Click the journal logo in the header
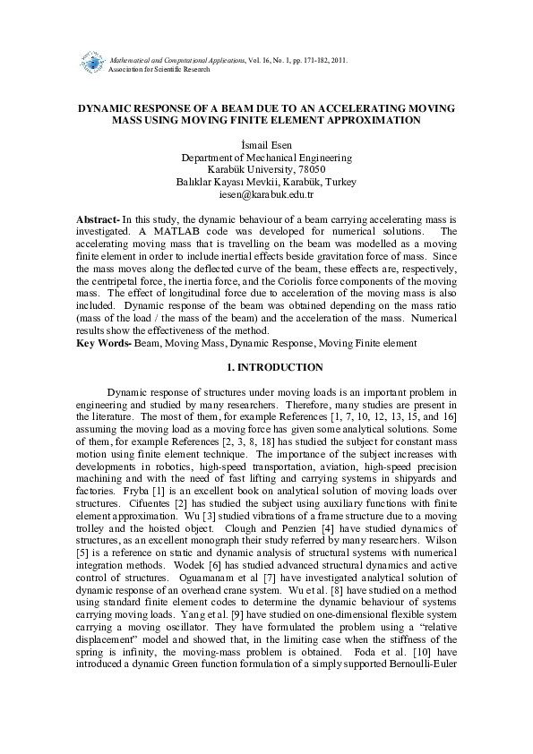90,64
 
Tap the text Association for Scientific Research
159,69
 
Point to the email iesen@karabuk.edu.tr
266,194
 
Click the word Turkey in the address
340,182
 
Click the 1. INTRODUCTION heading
266,367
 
